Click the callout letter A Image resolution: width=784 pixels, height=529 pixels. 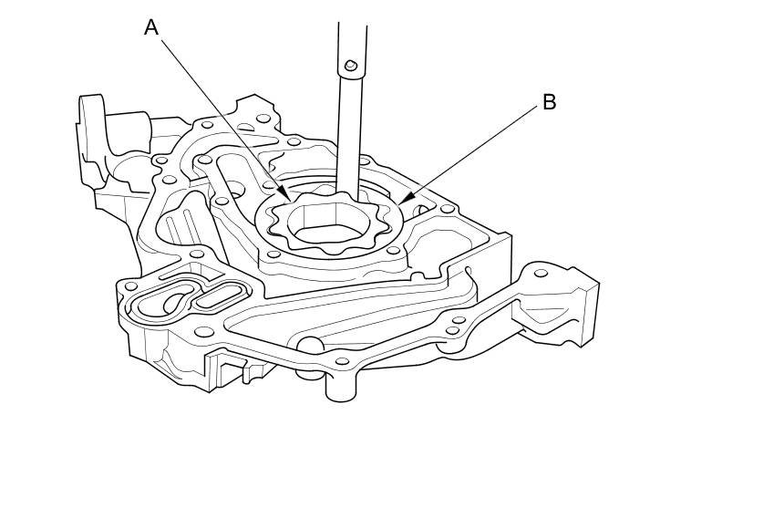[x=151, y=27]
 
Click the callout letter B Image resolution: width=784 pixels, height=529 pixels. [x=549, y=102]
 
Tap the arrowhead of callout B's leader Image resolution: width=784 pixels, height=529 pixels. [x=401, y=200]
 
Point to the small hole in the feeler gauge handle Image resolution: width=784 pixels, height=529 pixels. [x=350, y=65]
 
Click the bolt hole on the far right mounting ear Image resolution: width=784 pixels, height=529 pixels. [x=541, y=273]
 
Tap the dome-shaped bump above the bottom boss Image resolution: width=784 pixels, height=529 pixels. [x=310, y=345]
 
